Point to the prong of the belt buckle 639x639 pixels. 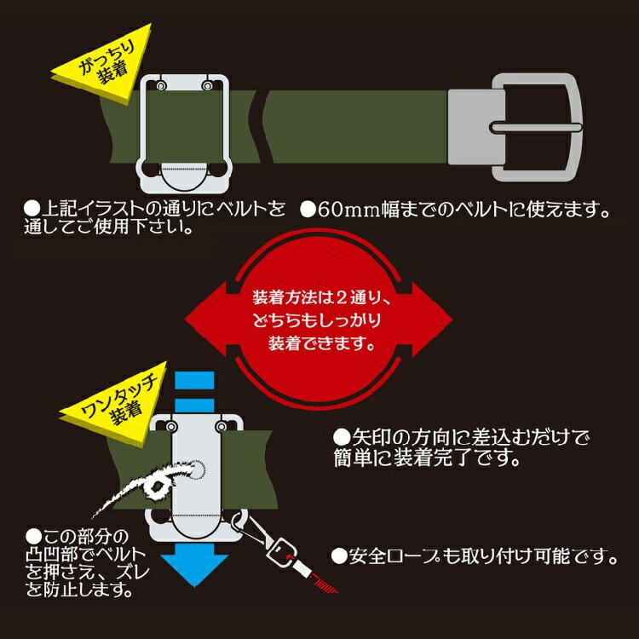[537, 128]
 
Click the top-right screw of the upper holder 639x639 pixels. [206, 85]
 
